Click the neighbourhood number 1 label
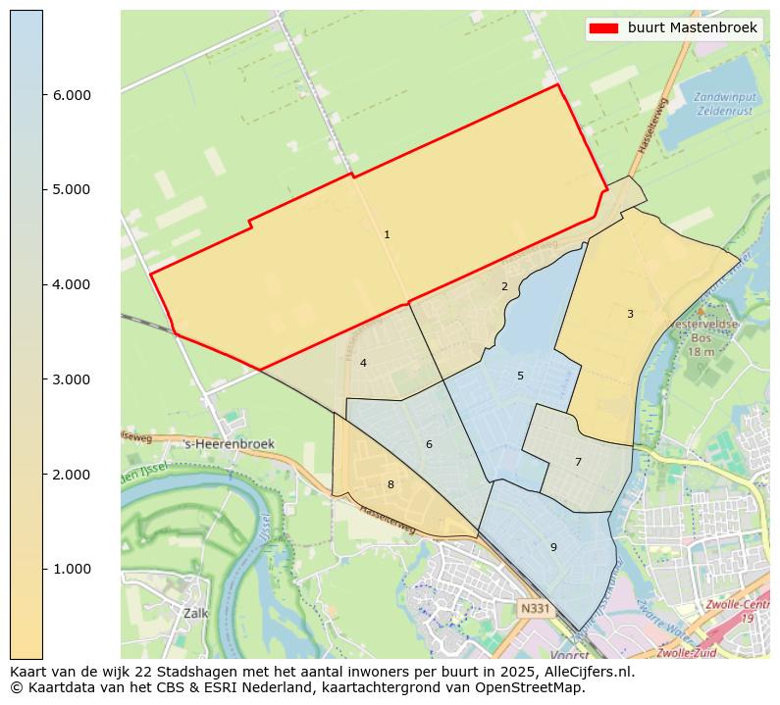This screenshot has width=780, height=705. (x=387, y=234)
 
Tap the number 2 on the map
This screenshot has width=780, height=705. (x=504, y=286)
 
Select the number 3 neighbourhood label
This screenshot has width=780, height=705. (x=630, y=314)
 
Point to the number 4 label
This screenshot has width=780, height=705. (x=363, y=363)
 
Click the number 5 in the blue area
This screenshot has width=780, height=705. (x=520, y=376)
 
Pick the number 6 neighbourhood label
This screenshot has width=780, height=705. (x=429, y=444)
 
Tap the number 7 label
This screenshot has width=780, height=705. (x=578, y=462)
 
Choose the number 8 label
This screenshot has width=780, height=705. (x=390, y=484)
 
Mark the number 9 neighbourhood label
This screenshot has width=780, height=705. (x=553, y=547)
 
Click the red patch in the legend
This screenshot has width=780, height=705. (x=602, y=28)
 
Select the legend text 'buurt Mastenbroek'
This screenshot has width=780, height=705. (x=693, y=28)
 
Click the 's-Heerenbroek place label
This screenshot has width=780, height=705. (x=230, y=444)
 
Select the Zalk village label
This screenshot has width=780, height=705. (x=195, y=613)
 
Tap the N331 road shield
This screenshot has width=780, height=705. (x=536, y=609)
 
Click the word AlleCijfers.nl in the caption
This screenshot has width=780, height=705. (x=581, y=673)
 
